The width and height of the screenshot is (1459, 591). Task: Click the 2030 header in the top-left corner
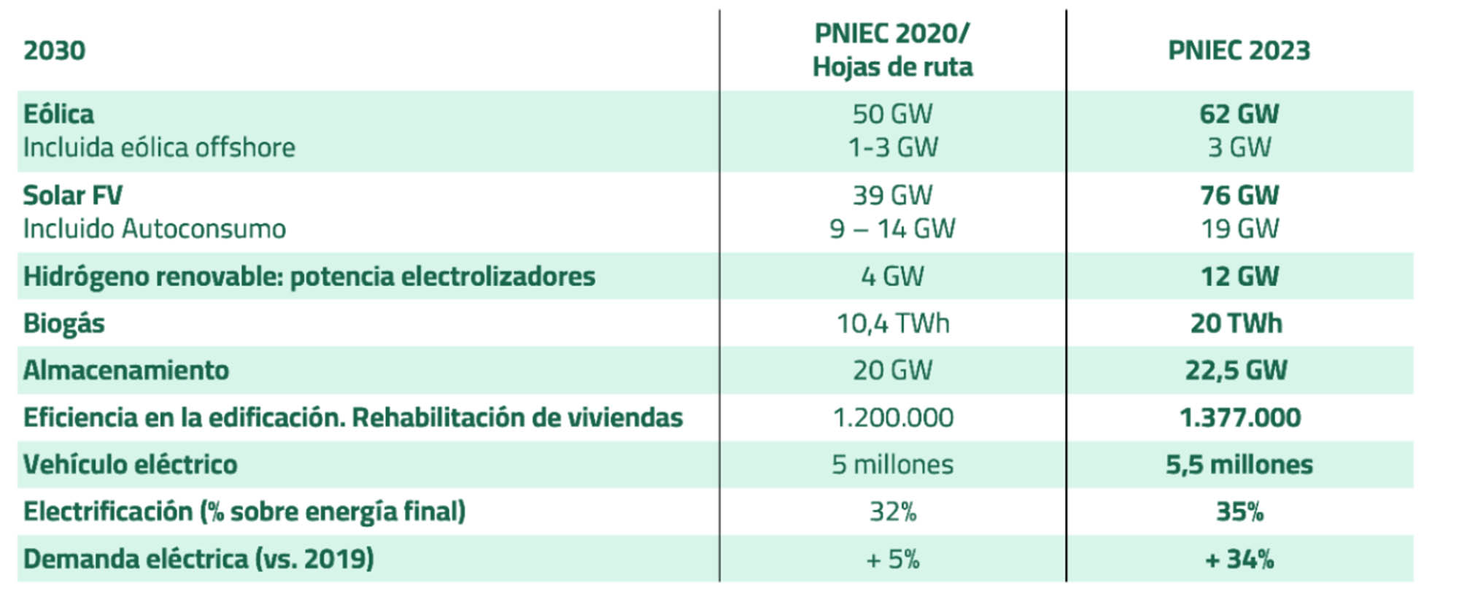[55, 50]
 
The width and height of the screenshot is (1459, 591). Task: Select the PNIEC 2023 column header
[1239, 50]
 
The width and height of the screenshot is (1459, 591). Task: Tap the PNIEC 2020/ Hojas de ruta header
[892, 50]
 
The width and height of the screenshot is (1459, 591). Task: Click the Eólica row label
[58, 114]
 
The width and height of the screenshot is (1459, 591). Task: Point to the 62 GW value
[1239, 114]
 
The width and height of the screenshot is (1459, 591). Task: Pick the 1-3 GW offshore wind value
[892, 147]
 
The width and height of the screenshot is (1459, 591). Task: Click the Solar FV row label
[72, 196]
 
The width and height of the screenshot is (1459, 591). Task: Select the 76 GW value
[1239, 196]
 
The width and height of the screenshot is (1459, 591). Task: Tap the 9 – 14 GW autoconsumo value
[892, 229]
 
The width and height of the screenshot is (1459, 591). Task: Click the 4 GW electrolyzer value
[892, 277]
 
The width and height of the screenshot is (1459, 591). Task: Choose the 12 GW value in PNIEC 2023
[1239, 277]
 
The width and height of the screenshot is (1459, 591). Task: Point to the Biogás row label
[64, 323]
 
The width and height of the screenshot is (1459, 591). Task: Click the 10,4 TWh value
[892, 323]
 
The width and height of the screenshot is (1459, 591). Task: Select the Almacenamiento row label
[126, 371]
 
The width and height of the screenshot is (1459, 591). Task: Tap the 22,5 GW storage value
[1236, 371]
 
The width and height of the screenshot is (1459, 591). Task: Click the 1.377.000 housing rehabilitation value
[1239, 418]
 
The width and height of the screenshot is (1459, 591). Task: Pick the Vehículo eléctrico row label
[130, 465]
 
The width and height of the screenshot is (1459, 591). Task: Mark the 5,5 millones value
[1239, 465]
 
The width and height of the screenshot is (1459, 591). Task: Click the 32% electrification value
[892, 512]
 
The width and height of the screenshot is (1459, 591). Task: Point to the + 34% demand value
[1239, 560]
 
